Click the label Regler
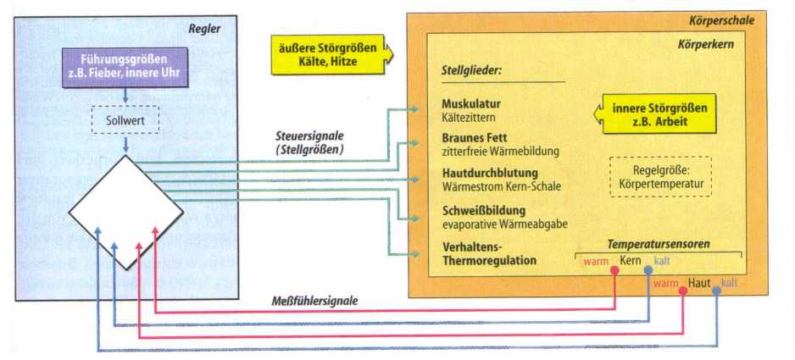pos(204,29)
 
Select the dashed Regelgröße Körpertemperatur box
pos(660,176)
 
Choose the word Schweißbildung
pos(484,209)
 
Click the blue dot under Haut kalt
pos(716,291)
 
